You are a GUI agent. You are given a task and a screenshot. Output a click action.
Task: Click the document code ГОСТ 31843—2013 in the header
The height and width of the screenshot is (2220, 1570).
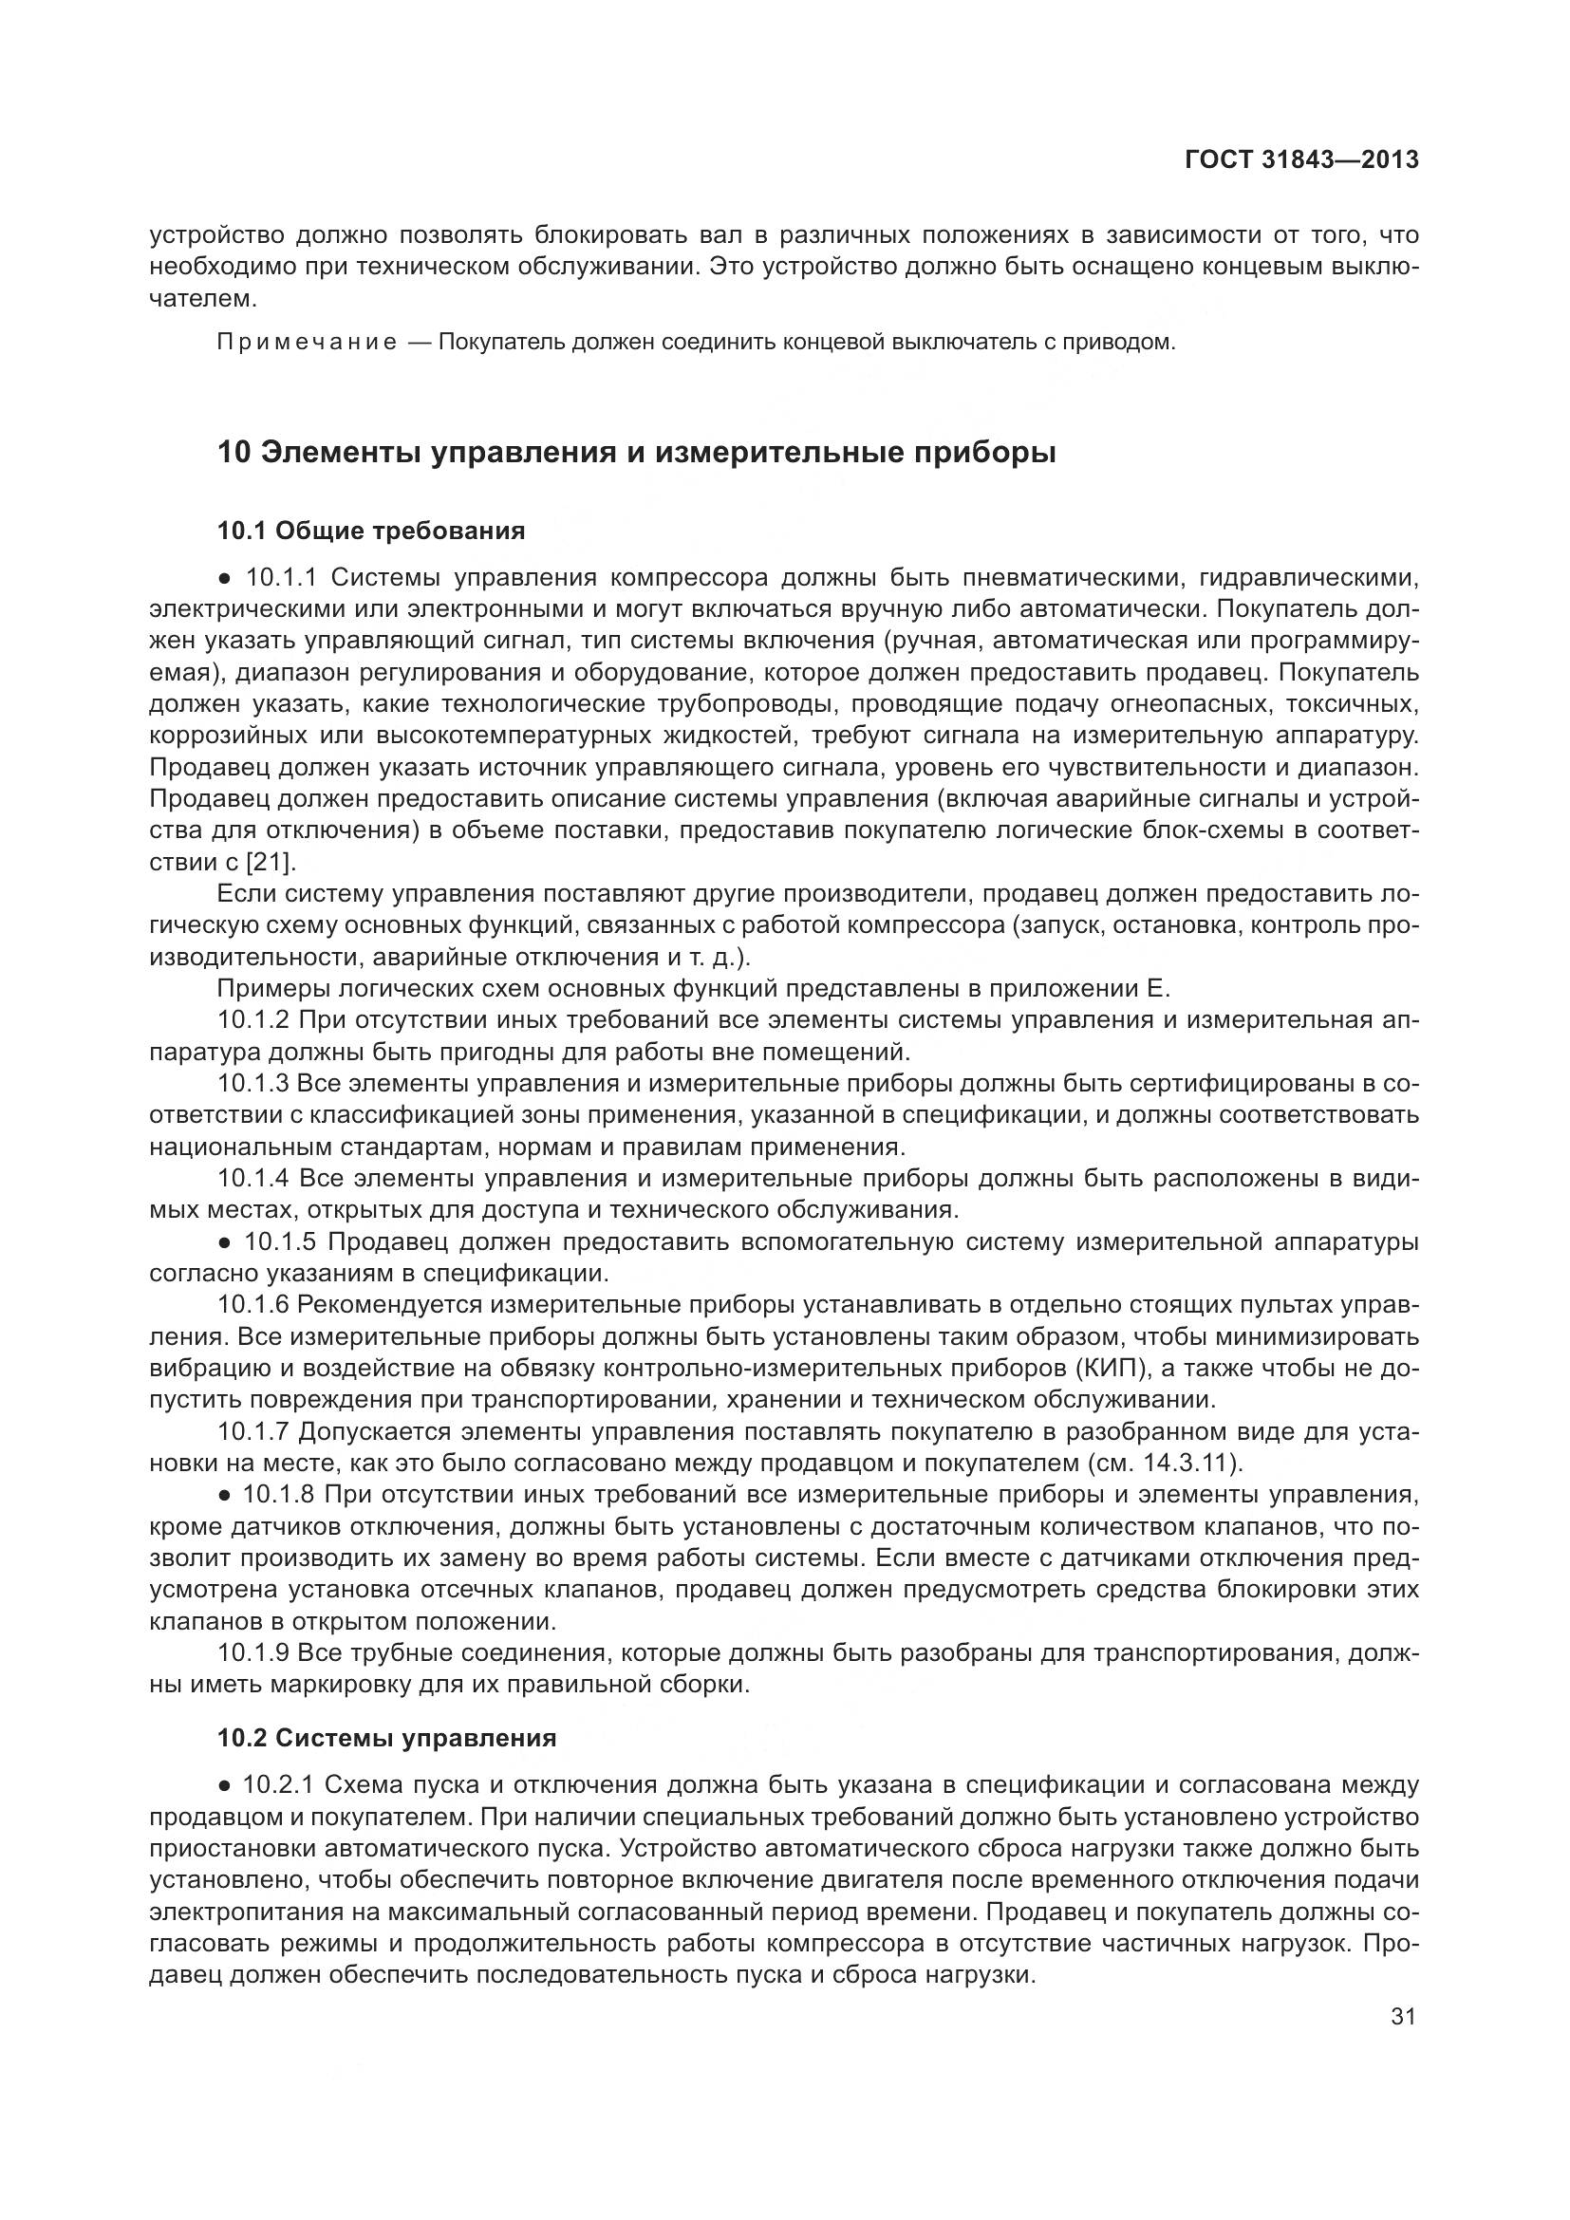(1301, 159)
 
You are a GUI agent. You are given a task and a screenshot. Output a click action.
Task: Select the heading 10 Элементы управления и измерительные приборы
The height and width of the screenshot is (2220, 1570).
(636, 453)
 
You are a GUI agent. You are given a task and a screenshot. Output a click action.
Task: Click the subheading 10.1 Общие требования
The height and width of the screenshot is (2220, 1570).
(371, 531)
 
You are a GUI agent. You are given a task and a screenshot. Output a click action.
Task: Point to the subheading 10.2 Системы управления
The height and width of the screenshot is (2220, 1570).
(386, 1739)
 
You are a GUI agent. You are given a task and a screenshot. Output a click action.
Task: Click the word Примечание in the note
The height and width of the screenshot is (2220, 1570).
(307, 343)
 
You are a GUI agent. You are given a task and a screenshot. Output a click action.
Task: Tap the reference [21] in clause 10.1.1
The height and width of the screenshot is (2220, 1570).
(272, 862)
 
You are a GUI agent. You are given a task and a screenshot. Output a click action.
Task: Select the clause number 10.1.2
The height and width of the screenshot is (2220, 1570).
(253, 1020)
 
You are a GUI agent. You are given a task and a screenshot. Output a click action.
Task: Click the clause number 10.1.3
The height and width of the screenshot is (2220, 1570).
(253, 1084)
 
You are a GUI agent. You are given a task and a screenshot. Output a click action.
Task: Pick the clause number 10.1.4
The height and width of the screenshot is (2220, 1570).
(253, 1179)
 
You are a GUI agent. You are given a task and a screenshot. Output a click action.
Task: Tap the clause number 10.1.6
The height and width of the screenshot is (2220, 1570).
(253, 1305)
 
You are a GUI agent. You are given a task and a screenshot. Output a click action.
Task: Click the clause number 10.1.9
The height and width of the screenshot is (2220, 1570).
(253, 1653)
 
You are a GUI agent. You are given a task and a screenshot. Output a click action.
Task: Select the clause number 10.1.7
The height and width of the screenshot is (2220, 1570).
(253, 1432)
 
